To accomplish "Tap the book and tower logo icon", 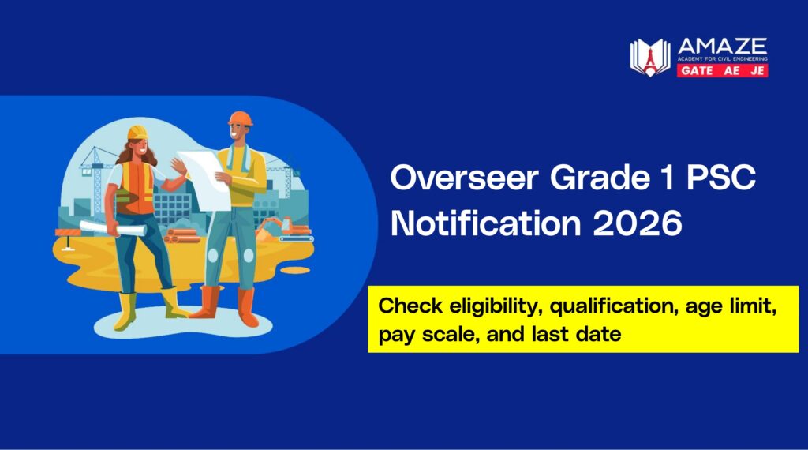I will (x=649, y=58).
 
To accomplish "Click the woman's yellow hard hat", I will (x=138, y=131).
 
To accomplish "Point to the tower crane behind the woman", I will (x=95, y=170).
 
